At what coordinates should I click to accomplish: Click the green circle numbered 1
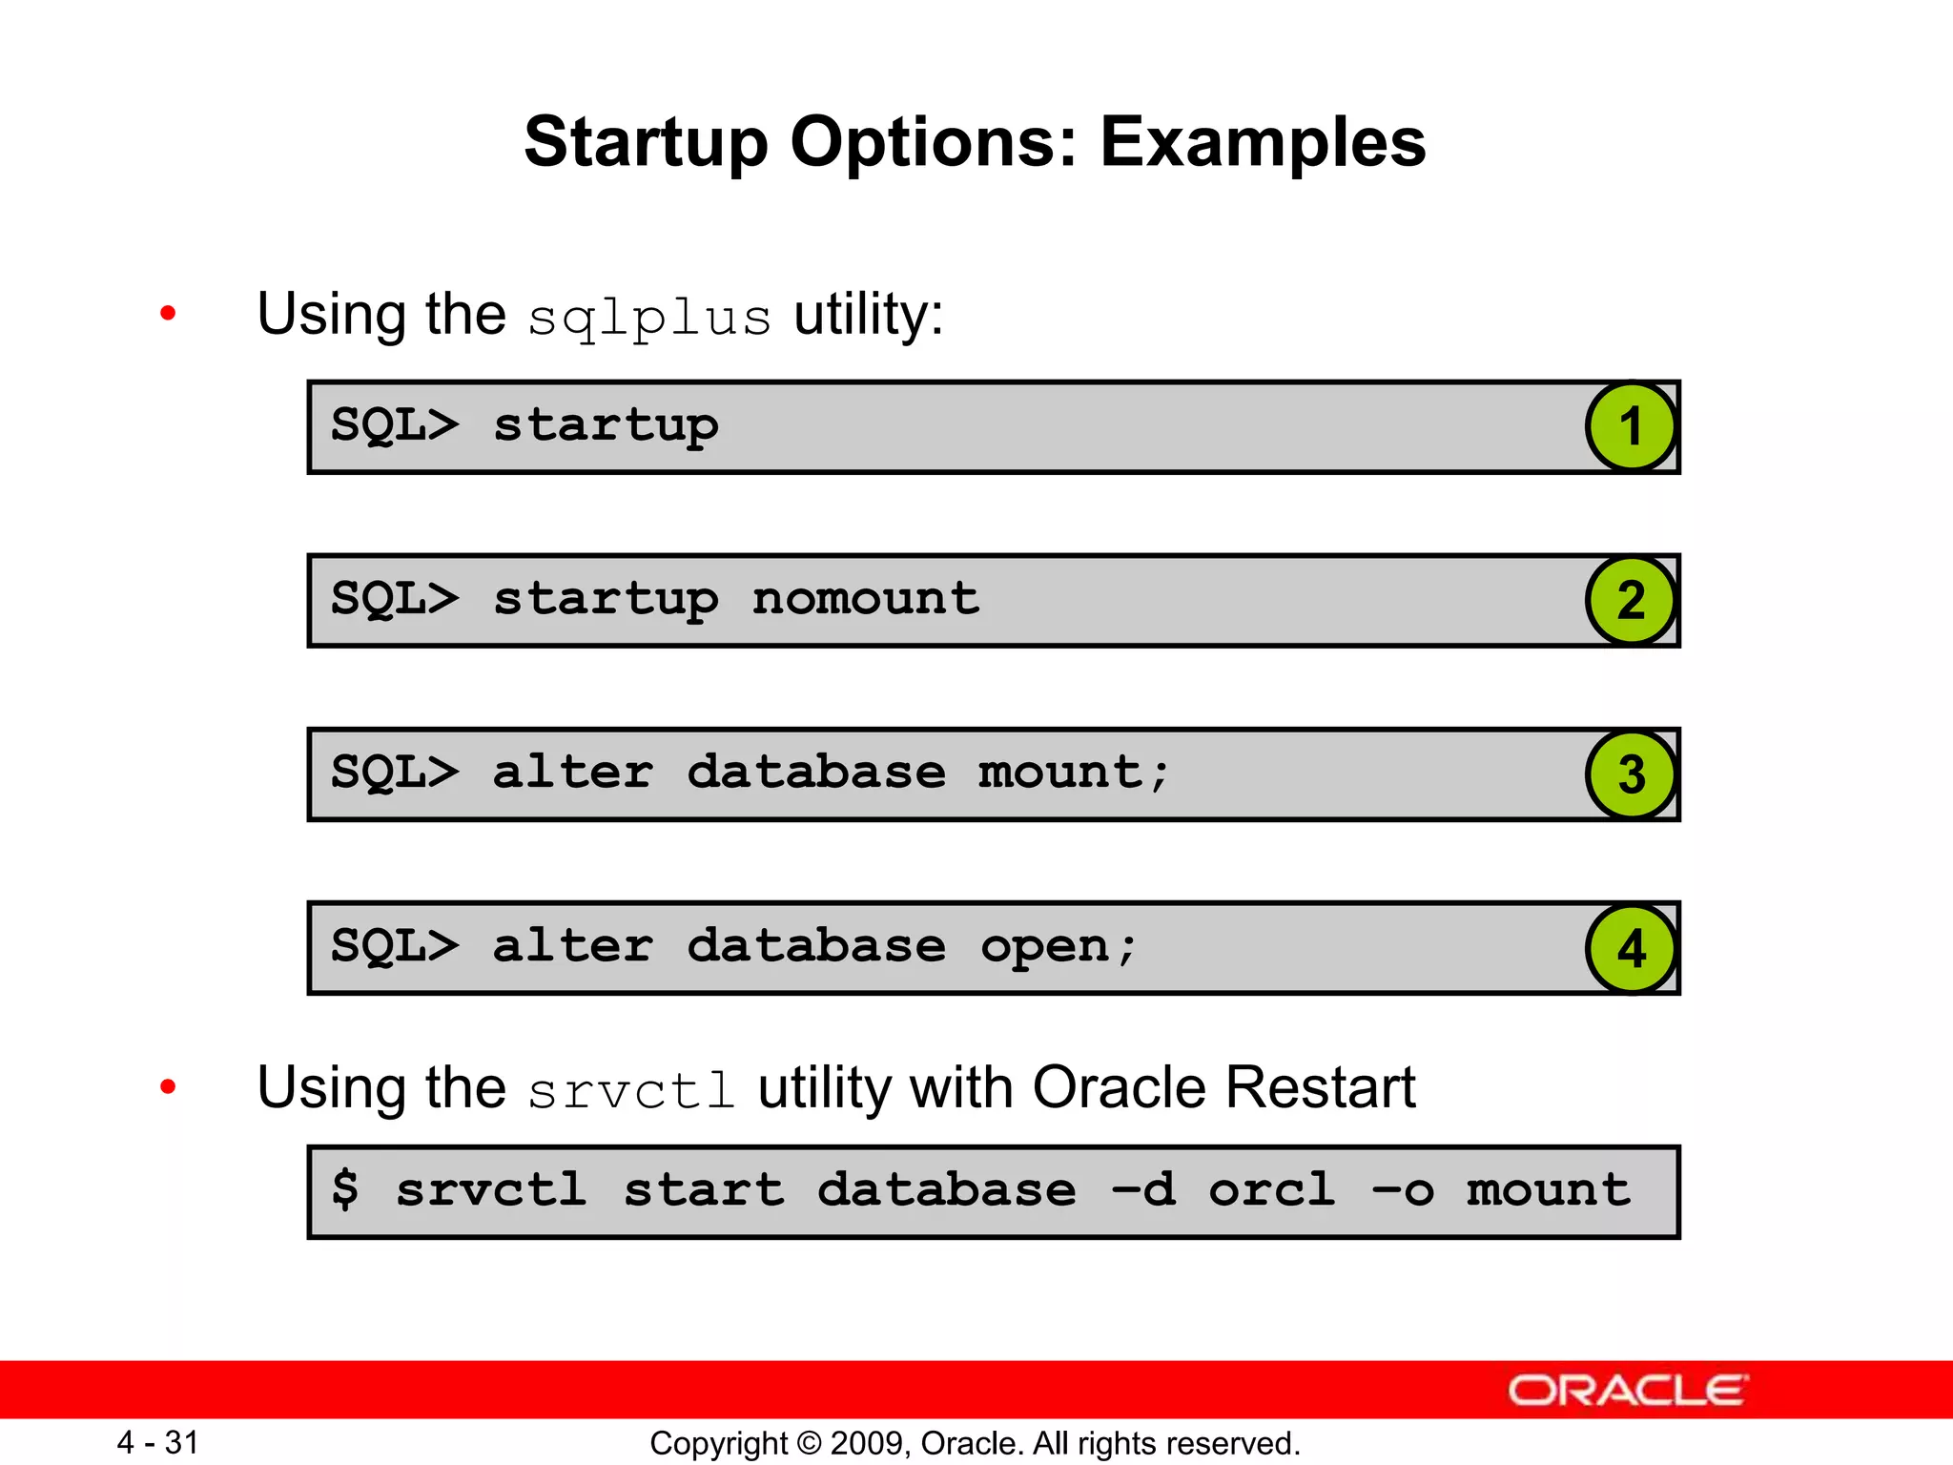(1631, 426)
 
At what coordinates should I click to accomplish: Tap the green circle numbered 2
(1631, 600)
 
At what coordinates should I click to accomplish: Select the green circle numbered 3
(1631, 774)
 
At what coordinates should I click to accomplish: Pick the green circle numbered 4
(1631, 948)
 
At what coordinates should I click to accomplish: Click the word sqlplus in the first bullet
(649, 318)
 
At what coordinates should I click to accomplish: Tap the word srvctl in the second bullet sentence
(631, 1091)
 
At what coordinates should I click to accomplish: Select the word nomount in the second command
(865, 599)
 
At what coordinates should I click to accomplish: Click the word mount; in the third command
(1074, 773)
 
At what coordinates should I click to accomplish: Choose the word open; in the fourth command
(1059, 947)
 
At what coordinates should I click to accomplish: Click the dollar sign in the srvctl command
(345, 1189)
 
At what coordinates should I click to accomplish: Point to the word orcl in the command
(1271, 1189)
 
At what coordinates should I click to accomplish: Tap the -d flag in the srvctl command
(1143, 1189)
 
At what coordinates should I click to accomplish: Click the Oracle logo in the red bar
(1627, 1391)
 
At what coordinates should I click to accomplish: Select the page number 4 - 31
(157, 1442)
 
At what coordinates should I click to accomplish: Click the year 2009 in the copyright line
(861, 1443)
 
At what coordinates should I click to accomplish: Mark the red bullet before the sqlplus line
(169, 313)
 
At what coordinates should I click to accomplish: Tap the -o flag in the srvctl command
(1402, 1190)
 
